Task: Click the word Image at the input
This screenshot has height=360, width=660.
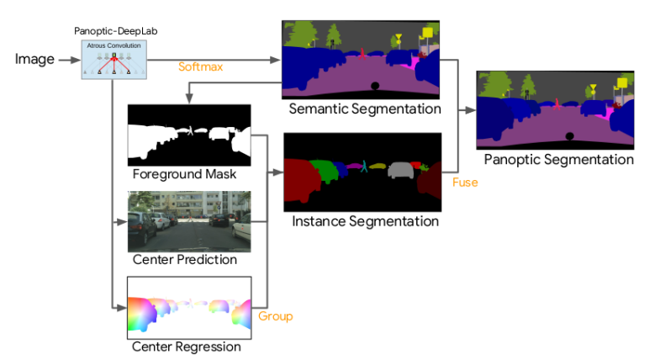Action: click(x=34, y=59)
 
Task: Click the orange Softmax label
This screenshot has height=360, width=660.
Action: click(x=200, y=66)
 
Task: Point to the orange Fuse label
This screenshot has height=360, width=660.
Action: click(x=465, y=181)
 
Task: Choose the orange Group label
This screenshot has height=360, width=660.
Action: click(x=275, y=316)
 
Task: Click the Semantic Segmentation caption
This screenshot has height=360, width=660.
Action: click(x=364, y=109)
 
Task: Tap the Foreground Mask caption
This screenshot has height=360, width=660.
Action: click(x=184, y=176)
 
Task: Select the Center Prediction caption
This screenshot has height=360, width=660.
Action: click(x=185, y=260)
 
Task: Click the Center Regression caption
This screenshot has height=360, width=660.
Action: click(x=187, y=347)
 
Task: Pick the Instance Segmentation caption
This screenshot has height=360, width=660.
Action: click(x=365, y=222)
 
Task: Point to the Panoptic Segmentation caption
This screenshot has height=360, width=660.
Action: click(x=558, y=159)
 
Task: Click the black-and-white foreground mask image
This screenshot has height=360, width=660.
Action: click(x=189, y=135)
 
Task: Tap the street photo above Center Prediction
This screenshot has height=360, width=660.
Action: click(x=189, y=221)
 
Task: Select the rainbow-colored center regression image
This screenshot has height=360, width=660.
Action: click(x=189, y=307)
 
